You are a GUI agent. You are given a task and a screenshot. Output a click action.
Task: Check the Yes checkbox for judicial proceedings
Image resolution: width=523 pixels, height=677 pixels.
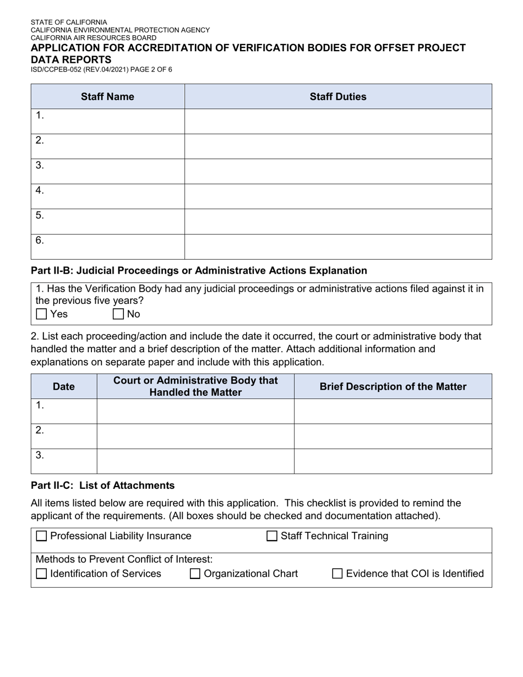pyautogui.click(x=41, y=314)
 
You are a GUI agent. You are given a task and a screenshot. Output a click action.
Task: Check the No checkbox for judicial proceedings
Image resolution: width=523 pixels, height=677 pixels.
pyautogui.click(x=118, y=314)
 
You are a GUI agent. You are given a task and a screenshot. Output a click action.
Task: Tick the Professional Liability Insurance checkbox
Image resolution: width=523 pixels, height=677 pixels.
pyautogui.click(x=41, y=536)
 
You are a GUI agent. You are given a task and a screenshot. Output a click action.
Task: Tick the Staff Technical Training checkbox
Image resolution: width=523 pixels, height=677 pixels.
pyautogui.click(x=272, y=536)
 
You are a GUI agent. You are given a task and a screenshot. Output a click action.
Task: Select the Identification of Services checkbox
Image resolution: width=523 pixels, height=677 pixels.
pyautogui.click(x=41, y=574)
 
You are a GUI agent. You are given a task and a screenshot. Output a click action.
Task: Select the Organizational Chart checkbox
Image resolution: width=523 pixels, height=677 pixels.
pyautogui.click(x=195, y=574)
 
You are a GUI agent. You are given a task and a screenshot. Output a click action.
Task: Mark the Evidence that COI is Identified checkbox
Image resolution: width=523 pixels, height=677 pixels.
pyautogui.click(x=337, y=574)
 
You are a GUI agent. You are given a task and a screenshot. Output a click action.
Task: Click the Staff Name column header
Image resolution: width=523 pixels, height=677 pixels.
pyautogui.click(x=107, y=97)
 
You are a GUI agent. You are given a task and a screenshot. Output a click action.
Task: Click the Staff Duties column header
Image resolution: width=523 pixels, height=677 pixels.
pyautogui.click(x=337, y=97)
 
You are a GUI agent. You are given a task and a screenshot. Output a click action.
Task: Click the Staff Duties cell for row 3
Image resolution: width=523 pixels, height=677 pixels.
pyautogui.click(x=337, y=171)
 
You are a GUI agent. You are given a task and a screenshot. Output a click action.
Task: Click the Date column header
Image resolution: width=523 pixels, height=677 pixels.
pyautogui.click(x=63, y=386)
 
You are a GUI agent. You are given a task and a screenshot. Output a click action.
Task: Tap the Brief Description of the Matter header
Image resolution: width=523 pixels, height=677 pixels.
pyautogui.click(x=393, y=386)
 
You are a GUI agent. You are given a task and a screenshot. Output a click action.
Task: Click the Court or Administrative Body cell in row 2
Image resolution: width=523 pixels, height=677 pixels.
pyautogui.click(x=195, y=436)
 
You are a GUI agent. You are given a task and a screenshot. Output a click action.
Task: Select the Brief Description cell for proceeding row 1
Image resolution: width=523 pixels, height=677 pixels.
pyautogui.click(x=393, y=411)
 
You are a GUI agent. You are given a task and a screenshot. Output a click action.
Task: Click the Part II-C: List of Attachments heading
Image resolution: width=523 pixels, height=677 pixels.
pyautogui.click(x=102, y=485)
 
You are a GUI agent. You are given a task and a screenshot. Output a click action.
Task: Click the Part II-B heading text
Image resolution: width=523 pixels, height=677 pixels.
pyautogui.click(x=199, y=271)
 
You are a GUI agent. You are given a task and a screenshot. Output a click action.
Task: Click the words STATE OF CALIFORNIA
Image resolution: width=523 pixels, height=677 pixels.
pyautogui.click(x=69, y=23)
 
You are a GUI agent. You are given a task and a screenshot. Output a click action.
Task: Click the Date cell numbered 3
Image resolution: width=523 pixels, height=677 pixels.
pyautogui.click(x=63, y=461)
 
